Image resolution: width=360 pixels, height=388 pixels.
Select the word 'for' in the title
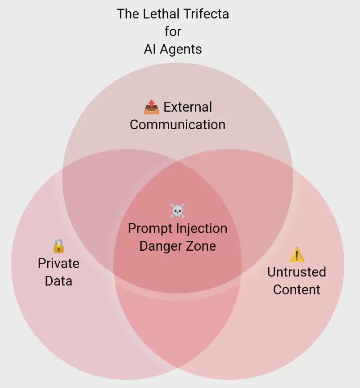point(173,32)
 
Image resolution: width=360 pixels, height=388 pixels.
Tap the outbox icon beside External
point(152,107)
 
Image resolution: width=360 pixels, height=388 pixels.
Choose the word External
point(188,107)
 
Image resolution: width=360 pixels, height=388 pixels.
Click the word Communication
point(177,125)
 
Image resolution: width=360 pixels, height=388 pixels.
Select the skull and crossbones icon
point(177,211)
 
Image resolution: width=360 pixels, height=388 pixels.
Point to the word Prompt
point(150,228)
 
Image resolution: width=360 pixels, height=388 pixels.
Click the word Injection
point(202,228)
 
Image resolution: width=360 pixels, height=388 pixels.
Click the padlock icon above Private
point(58,246)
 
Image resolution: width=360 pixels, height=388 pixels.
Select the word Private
point(58,263)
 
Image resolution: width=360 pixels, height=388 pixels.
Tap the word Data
point(58,281)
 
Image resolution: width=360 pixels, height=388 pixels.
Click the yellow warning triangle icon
point(297,255)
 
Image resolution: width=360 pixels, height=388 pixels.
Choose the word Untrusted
point(297,272)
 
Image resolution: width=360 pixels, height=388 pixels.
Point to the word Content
point(297,289)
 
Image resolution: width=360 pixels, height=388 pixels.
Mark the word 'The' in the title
point(127,14)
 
